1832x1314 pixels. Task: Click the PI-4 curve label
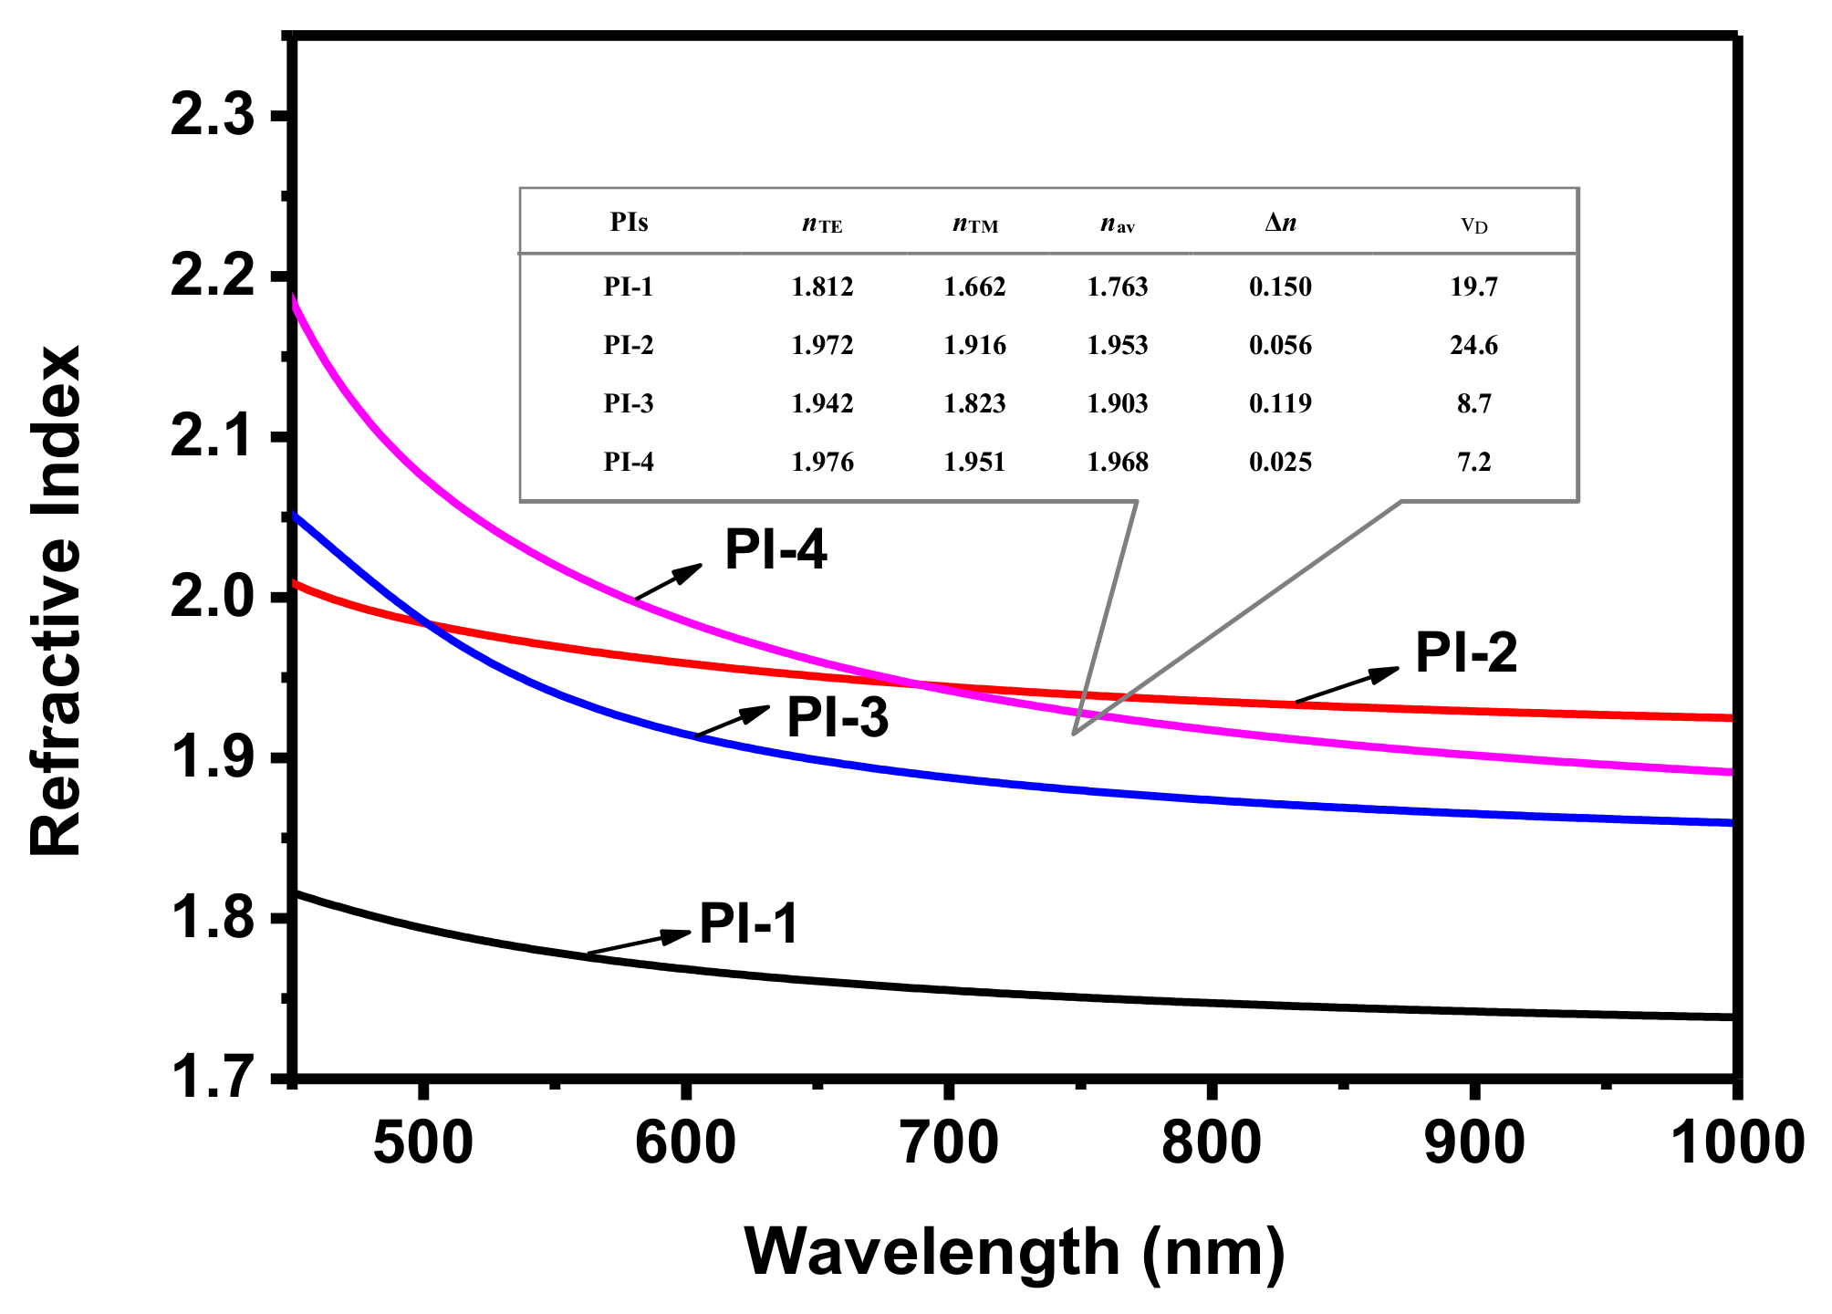coord(775,550)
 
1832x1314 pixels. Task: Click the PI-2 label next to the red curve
coord(1466,653)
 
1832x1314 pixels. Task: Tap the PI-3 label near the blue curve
coord(838,717)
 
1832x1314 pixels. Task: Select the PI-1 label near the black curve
coord(748,923)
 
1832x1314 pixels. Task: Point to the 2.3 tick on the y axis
coord(211,117)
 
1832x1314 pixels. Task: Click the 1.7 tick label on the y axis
coord(211,1078)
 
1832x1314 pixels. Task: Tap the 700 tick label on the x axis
coord(949,1143)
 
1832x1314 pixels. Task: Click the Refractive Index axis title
coord(57,600)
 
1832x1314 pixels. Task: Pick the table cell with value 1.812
coord(822,287)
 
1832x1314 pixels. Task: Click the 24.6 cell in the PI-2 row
coord(1473,346)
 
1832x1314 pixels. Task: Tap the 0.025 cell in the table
coord(1280,463)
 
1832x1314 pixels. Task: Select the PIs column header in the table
coord(629,223)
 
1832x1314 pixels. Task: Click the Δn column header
coord(1280,223)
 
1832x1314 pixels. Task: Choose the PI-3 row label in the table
coord(629,404)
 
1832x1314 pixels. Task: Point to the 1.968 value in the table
coord(1117,463)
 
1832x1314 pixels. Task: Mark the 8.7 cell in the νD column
coord(1473,404)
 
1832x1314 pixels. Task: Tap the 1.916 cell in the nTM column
coord(974,346)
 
